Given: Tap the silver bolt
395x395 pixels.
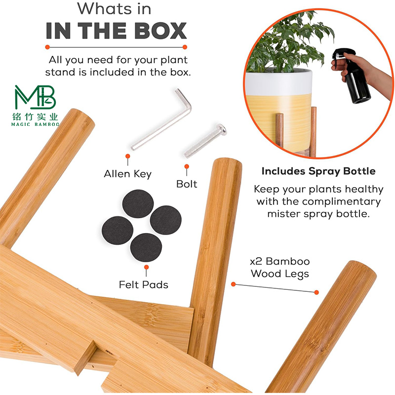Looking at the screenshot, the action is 204,141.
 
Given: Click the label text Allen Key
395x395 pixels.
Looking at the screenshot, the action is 128,174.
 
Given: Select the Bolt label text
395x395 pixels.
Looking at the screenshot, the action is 187,184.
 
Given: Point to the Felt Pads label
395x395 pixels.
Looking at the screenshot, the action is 143,285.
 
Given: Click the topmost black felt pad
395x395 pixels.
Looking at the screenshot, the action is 138,203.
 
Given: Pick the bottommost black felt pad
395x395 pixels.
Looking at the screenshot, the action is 146,247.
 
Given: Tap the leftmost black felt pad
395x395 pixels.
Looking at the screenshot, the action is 118,230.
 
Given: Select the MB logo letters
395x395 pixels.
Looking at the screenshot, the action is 35,97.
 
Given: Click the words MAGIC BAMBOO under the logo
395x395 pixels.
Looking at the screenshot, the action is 35,124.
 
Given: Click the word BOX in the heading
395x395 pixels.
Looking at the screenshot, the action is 160,31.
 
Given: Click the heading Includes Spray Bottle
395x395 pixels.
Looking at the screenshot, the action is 318,171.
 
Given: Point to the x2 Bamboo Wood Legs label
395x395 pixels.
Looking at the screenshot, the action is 280,268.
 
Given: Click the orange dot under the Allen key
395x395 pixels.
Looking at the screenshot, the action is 128,156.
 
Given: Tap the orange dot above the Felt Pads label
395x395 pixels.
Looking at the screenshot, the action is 146,267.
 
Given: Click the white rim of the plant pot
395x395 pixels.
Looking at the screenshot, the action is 279,83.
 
